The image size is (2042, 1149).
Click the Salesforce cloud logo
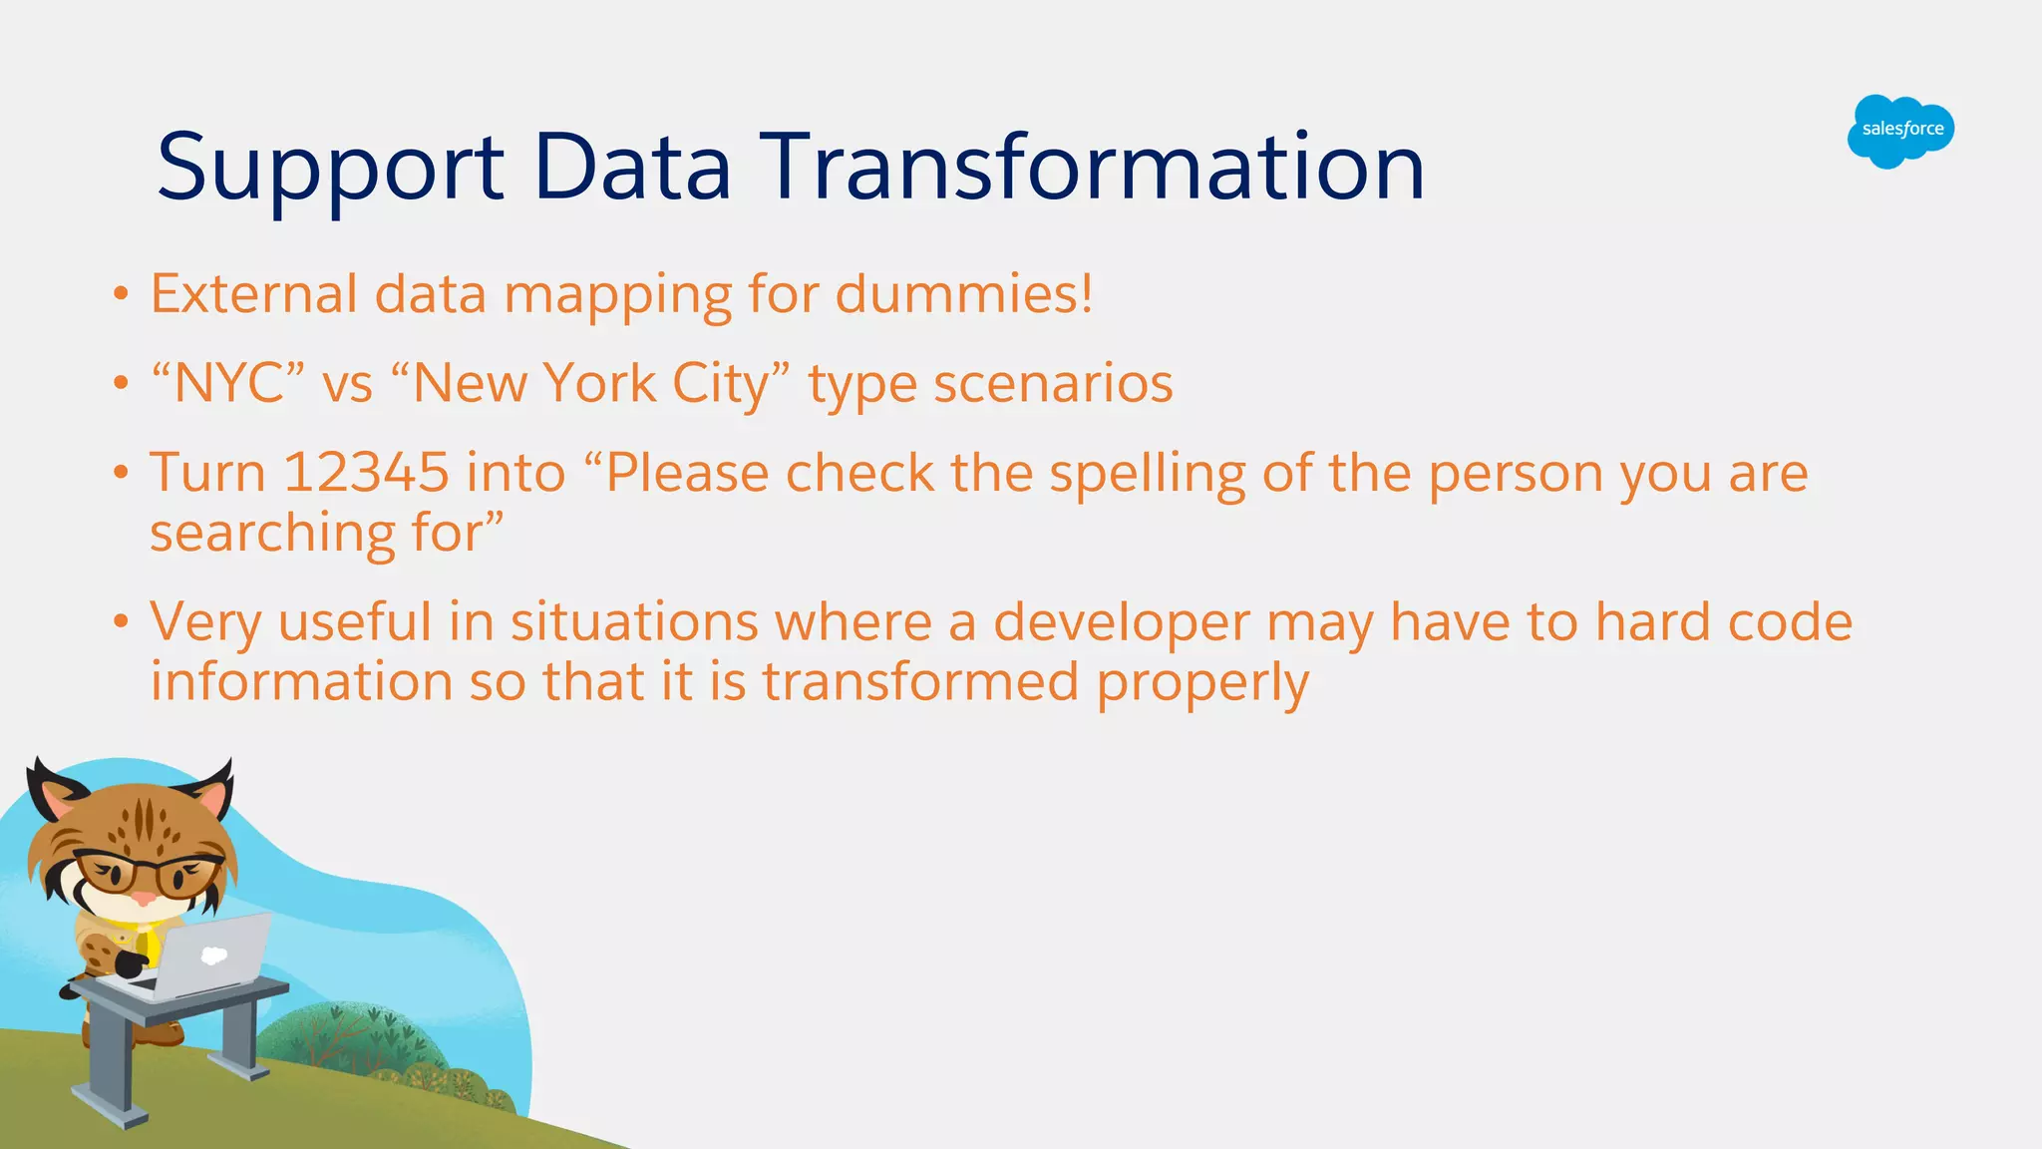tap(1900, 131)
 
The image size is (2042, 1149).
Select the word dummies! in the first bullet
tap(963, 294)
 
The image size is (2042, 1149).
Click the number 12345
tap(366, 473)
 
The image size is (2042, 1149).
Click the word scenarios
tap(1053, 384)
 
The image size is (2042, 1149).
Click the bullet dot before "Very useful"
tap(121, 622)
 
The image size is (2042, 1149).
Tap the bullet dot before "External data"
tap(121, 294)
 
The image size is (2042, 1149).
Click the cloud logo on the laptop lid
tap(213, 956)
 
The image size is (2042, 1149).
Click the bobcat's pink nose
tap(144, 899)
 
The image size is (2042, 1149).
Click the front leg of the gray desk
tap(110, 1067)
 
